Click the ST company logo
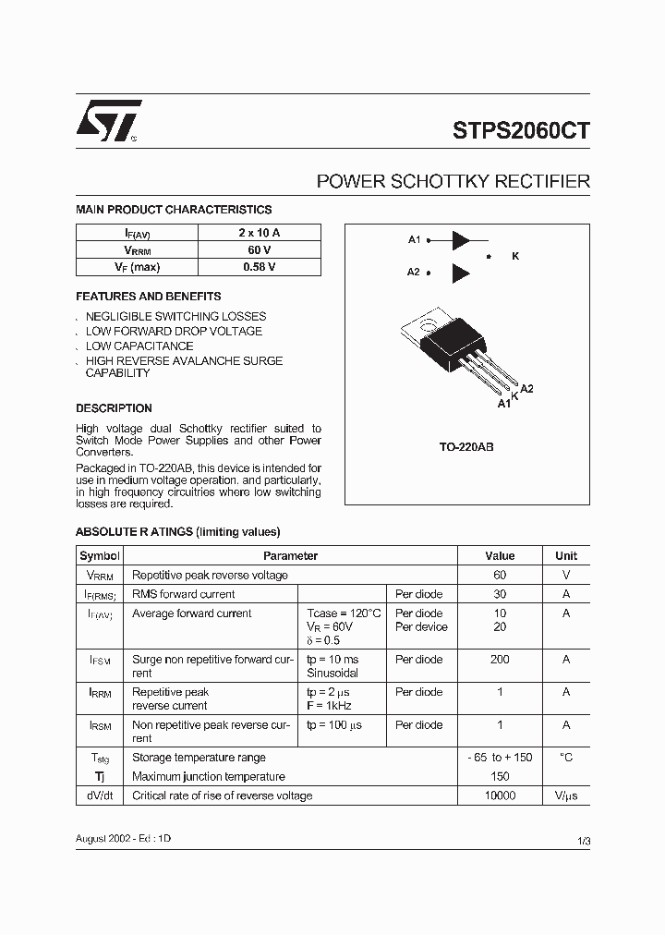tap(107, 121)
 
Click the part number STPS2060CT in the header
tap(521, 131)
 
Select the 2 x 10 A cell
tap(259, 233)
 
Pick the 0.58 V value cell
tap(259, 267)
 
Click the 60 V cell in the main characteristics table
tap(259, 250)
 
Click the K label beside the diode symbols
tap(515, 256)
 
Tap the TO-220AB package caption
tap(466, 447)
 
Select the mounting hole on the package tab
tap(427, 323)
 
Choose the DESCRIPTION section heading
tap(114, 408)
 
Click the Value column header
tap(500, 556)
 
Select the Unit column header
tap(566, 556)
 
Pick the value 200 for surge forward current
tap(500, 660)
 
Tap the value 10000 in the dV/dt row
tap(500, 795)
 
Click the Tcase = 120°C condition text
tap(344, 613)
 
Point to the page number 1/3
tap(583, 840)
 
